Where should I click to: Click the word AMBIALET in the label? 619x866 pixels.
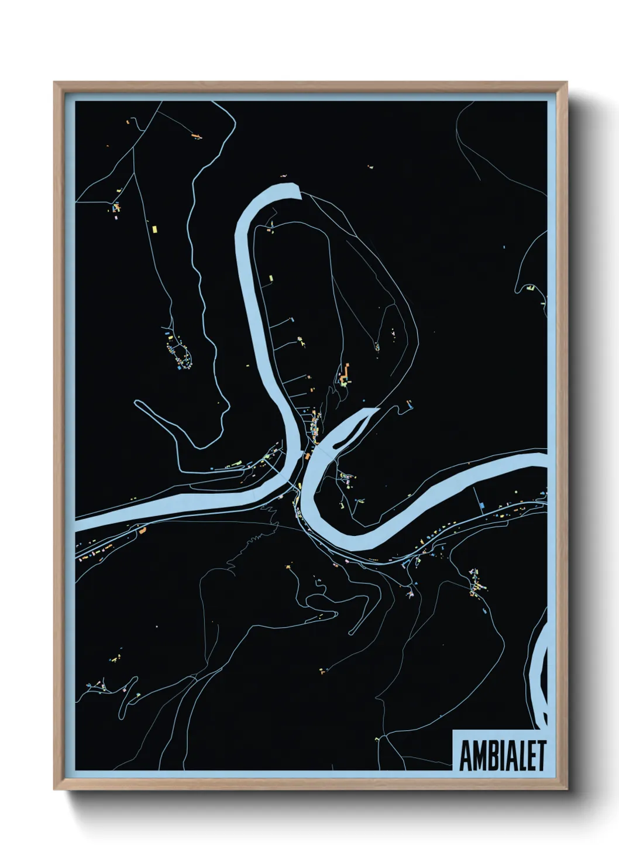tap(502, 756)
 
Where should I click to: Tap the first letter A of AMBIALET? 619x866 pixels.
tap(466, 756)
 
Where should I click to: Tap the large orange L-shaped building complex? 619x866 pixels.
tap(345, 374)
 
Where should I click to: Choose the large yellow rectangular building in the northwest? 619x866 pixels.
tap(154, 228)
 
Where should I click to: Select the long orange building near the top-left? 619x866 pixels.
tap(196, 136)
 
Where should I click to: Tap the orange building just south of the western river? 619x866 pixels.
tap(141, 531)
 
